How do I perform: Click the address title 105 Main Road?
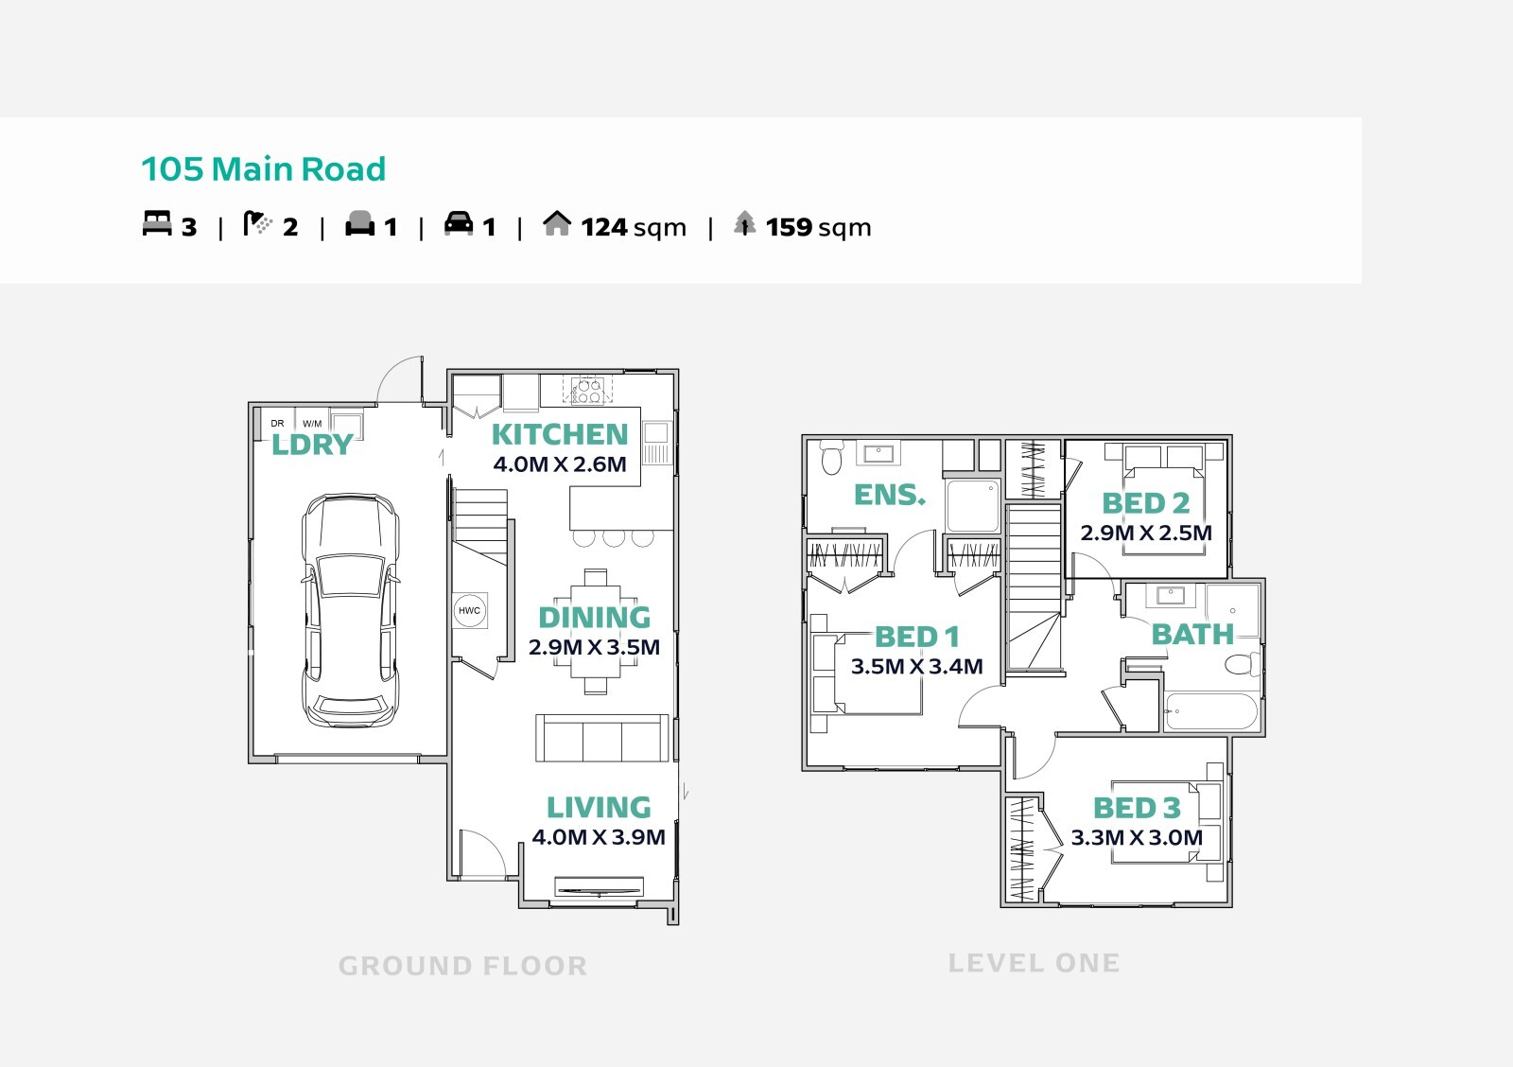(264, 169)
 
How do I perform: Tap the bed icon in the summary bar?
(157, 223)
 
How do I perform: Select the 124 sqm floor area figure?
(634, 227)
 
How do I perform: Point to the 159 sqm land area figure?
(819, 227)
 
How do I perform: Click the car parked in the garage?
(350, 610)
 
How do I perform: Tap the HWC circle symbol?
(469, 610)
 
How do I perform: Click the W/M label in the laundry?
(312, 424)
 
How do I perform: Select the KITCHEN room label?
(560, 434)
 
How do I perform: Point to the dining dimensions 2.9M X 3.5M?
(595, 647)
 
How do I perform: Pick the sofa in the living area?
(601, 739)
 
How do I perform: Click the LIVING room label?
(600, 808)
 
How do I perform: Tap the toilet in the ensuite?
(831, 457)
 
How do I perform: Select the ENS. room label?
(890, 495)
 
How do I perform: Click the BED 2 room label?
(1146, 503)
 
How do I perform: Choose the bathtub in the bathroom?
(1211, 711)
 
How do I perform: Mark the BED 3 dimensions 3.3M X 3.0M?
(1138, 838)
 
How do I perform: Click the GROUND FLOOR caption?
(462, 967)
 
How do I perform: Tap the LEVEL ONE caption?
(1035, 963)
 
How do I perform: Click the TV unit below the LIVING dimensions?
(599, 887)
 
